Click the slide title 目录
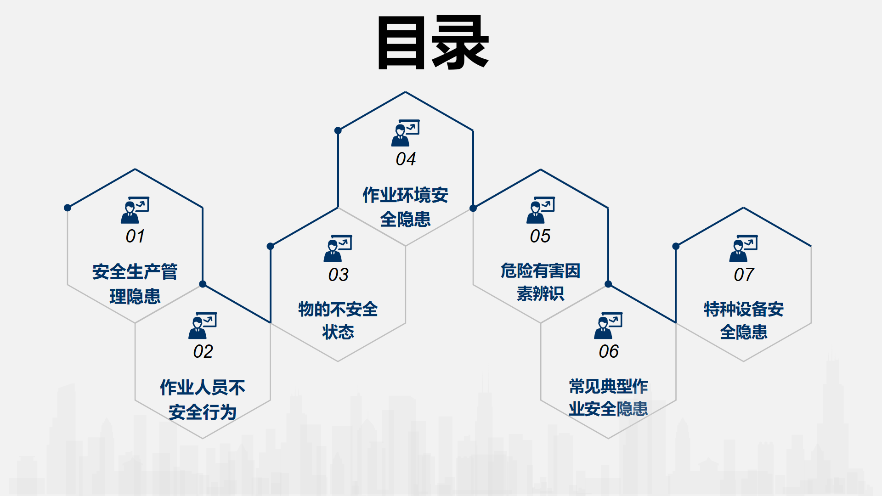point(433,42)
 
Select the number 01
point(135,236)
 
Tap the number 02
point(203,351)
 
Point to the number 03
point(338,275)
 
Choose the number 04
point(406,159)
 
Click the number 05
point(540,236)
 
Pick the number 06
point(609,351)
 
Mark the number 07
point(744,275)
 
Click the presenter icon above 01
point(135,210)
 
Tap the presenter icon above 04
point(406,133)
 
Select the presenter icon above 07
point(744,248)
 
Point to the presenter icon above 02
point(203,326)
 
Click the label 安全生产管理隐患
point(135,284)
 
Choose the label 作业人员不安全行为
point(203,400)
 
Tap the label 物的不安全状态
point(338,321)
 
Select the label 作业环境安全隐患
point(406,207)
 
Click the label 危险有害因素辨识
point(540,282)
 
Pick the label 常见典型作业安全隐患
point(609,398)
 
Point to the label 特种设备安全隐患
point(744,321)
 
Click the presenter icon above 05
point(541,210)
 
